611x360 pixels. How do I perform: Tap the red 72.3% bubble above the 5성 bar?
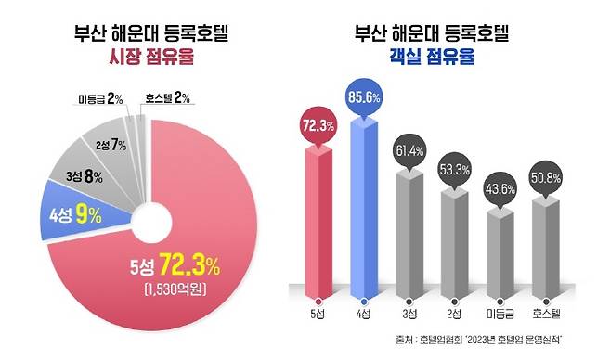[x=317, y=124]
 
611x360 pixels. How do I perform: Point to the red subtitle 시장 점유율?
[x=151, y=58]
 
